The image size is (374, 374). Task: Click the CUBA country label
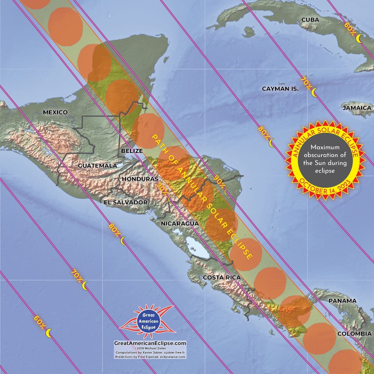coord(310,20)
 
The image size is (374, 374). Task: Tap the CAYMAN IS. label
coord(280,89)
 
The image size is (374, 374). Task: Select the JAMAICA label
coord(357,108)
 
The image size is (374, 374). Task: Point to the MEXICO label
coord(55,112)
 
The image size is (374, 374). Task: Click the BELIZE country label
coord(132,151)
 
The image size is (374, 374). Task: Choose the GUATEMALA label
coord(98,166)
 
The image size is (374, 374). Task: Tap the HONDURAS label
coord(140,179)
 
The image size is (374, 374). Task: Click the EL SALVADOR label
coord(126,202)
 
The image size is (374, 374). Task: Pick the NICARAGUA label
coord(180,224)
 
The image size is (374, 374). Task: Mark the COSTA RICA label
coord(222,277)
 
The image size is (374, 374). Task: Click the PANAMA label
coord(342,301)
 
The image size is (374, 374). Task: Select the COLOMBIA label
coord(354,334)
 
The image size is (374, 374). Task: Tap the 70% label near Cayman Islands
coord(306,83)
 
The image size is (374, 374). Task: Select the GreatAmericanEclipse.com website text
coord(150,343)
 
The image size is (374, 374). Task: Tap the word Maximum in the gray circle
coord(325,147)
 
